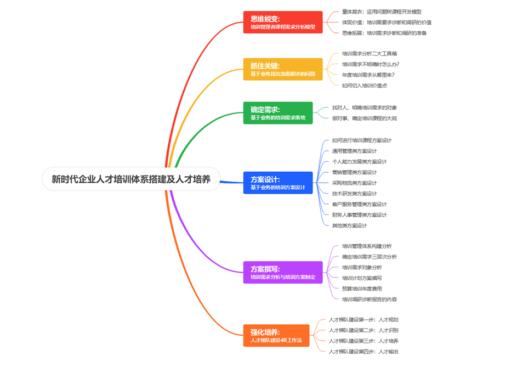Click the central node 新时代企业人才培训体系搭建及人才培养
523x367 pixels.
[131, 179]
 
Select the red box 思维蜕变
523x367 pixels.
[283, 22]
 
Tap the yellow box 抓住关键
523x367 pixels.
[283, 69]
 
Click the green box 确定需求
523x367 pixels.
[278, 112]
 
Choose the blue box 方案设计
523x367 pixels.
[278, 183]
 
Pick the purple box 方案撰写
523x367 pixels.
[283, 272]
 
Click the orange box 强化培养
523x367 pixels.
[276, 336]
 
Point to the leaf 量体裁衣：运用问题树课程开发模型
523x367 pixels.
[382, 12]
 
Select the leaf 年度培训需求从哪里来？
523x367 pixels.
[368, 75]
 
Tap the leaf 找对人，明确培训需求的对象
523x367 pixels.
[364, 108]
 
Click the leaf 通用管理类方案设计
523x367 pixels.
[354, 151]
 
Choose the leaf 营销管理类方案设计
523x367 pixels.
[354, 172]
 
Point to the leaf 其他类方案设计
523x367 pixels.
[349, 225]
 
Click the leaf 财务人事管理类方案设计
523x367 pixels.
[359, 214]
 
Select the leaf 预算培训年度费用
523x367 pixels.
[362, 289]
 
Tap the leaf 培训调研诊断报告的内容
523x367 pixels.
[369, 300]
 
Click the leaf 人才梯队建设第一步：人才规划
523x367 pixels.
[363, 319]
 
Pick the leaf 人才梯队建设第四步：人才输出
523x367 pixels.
[363, 352]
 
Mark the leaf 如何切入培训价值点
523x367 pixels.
[365, 86]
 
